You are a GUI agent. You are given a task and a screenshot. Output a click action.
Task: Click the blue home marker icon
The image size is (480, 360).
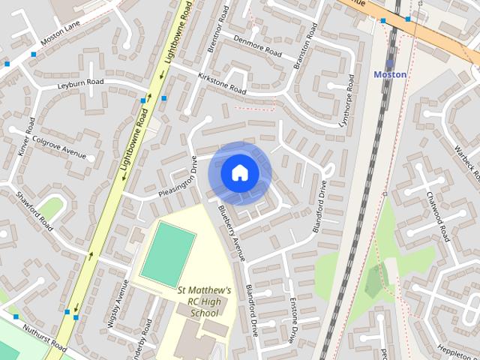239,172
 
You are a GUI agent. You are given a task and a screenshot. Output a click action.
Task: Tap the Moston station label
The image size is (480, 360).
390,74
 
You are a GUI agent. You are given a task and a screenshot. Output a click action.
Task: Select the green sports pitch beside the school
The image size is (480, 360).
168,254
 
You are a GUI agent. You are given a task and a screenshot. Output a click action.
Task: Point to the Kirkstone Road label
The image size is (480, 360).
222,83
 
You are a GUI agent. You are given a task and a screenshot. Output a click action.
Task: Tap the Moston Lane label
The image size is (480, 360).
61,34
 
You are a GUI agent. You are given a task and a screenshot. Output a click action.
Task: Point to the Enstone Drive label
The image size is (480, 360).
294,320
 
